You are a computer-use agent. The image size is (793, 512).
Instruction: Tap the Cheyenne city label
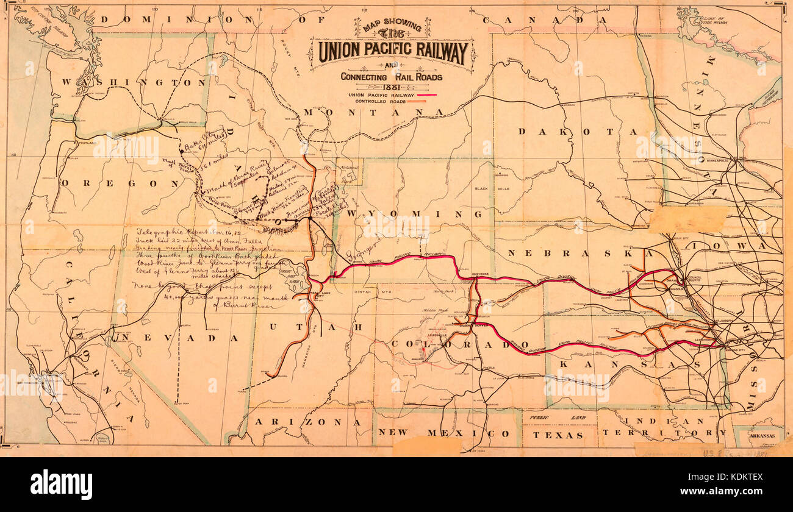pyautogui.click(x=481, y=274)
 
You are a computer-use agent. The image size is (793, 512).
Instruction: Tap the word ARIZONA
pyautogui.click(x=306, y=422)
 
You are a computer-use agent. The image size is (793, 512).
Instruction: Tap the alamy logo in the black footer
pyautogui.click(x=61, y=485)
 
